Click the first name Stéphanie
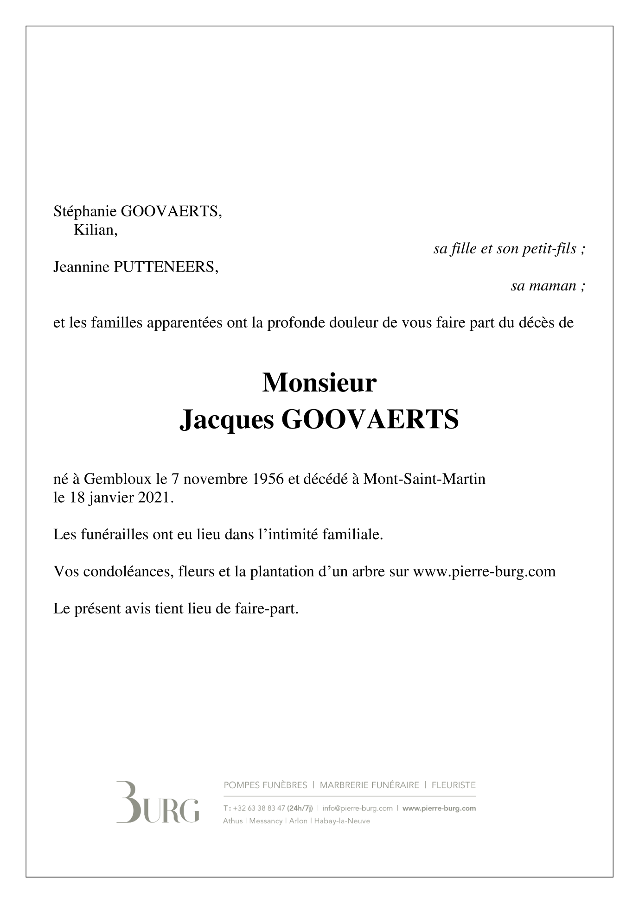click(x=85, y=212)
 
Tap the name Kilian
click(x=95, y=230)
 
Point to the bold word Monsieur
click(x=319, y=383)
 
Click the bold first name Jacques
click(x=226, y=420)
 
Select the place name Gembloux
click(x=118, y=479)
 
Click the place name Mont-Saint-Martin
click(x=424, y=479)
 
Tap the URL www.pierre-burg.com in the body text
click(x=484, y=572)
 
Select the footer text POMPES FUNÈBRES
click(x=265, y=785)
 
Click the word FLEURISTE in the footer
click(x=454, y=785)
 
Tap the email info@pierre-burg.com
click(x=358, y=808)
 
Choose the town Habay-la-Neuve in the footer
click(x=342, y=821)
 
